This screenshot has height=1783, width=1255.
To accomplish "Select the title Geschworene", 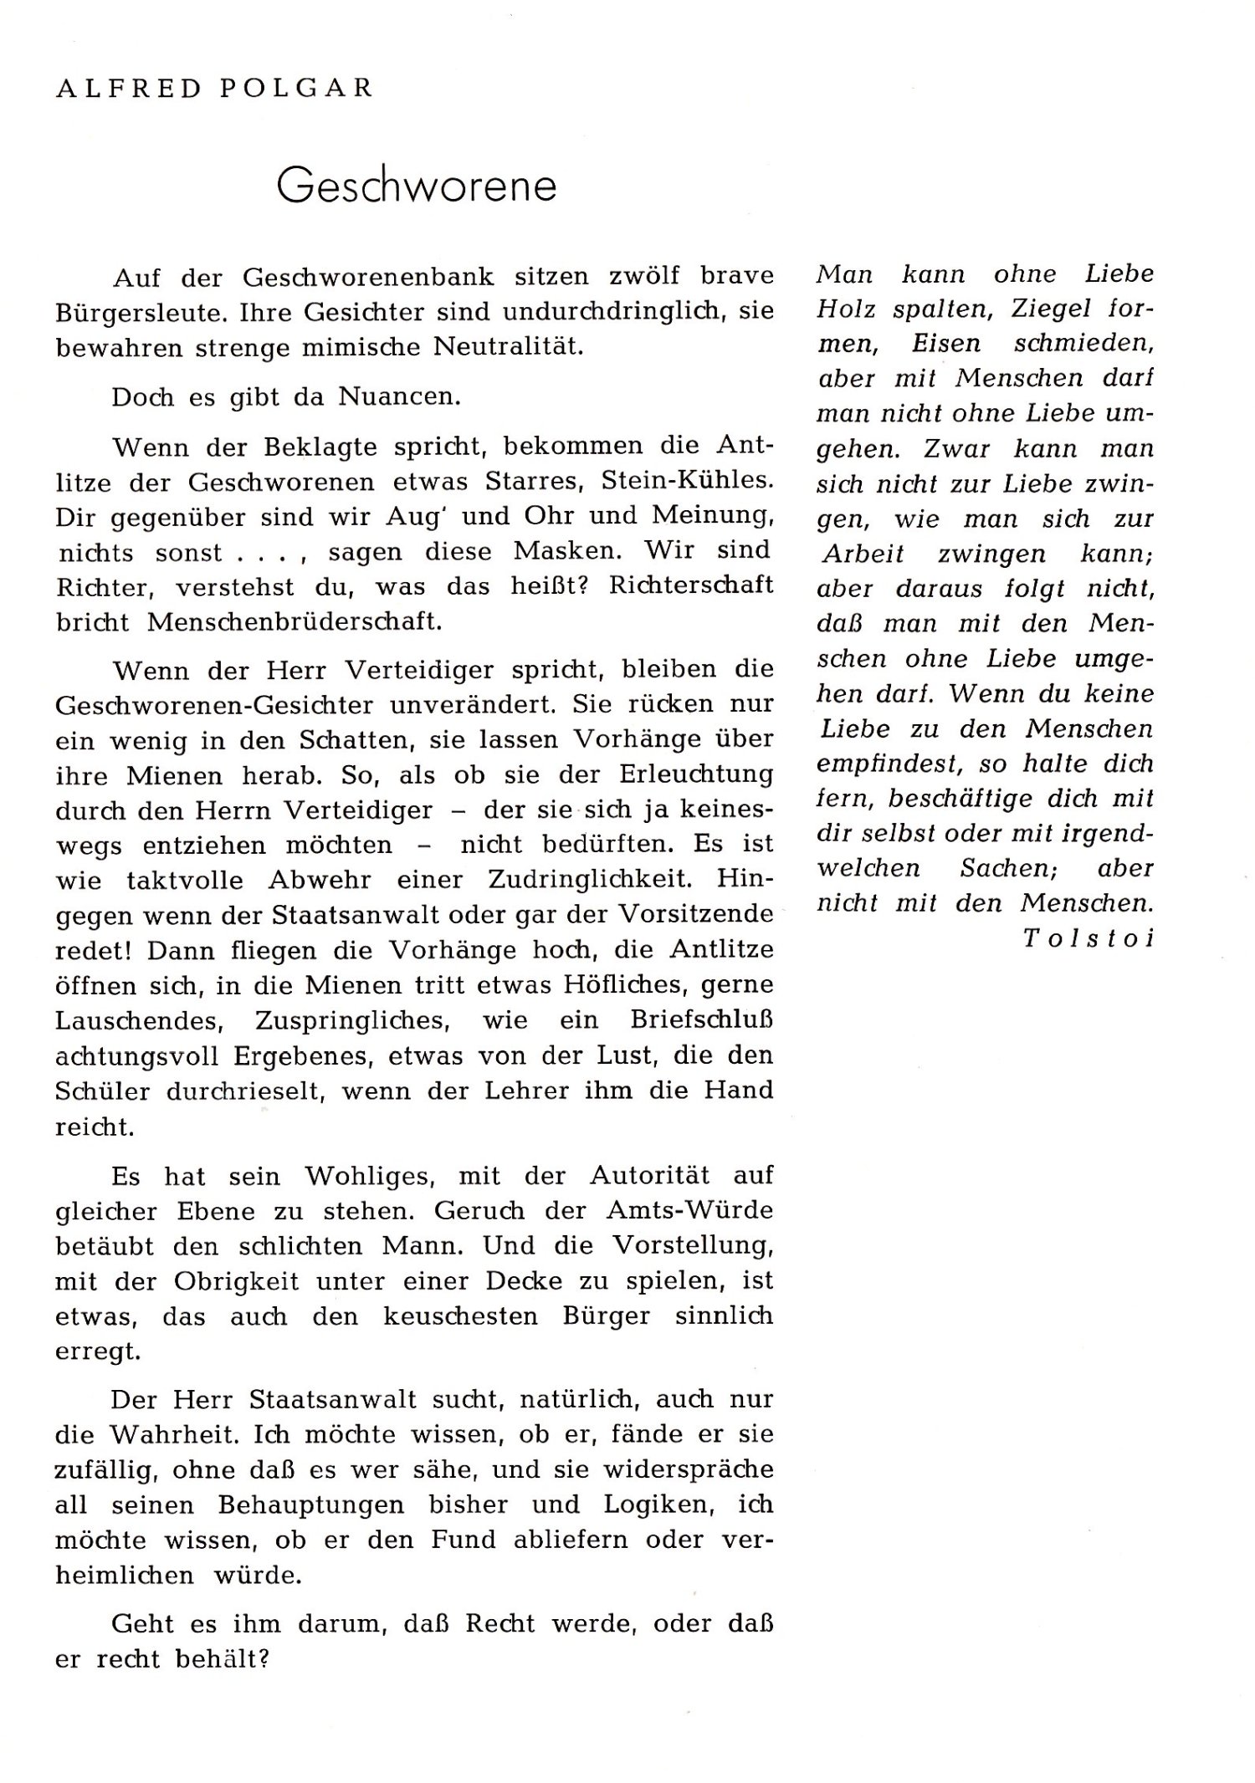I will pyautogui.click(x=416, y=186).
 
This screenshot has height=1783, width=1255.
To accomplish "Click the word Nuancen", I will pyautogui.click(x=399, y=396).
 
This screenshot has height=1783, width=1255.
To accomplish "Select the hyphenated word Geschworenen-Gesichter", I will pyautogui.click(x=214, y=705).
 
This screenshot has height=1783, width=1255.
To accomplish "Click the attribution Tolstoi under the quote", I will pyautogui.click(x=1088, y=938).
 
